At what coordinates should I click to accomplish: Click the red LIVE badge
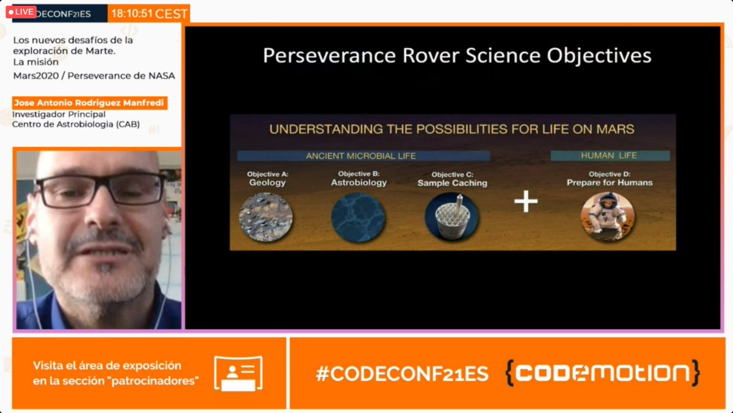[x=21, y=12]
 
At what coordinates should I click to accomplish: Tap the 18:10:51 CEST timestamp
[x=149, y=13]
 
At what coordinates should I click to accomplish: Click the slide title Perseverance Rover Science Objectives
[x=457, y=56]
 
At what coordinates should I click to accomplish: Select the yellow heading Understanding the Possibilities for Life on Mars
[x=452, y=129]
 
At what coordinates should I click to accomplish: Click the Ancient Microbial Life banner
[x=360, y=156]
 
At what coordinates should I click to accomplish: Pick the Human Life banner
[x=609, y=156]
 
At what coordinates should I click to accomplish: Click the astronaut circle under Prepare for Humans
[x=607, y=215]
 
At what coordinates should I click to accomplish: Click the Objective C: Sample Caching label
[x=452, y=179]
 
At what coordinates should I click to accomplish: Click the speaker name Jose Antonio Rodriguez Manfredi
[x=89, y=103]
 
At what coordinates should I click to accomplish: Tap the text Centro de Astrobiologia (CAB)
[x=76, y=124]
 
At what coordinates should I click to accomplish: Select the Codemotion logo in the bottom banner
[x=602, y=373]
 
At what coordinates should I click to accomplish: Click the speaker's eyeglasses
[x=101, y=188]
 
